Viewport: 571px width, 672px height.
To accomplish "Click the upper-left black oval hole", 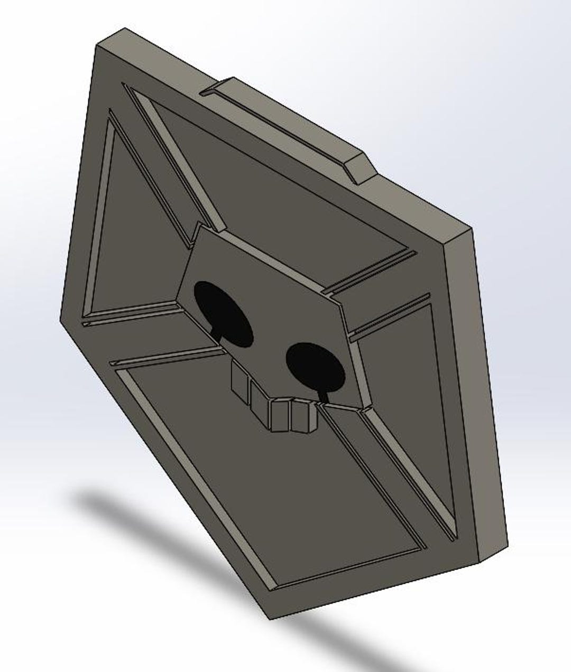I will [x=224, y=313].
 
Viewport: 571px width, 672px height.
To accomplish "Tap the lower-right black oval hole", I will [x=315, y=368].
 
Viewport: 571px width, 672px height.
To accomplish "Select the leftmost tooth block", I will [x=241, y=382].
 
